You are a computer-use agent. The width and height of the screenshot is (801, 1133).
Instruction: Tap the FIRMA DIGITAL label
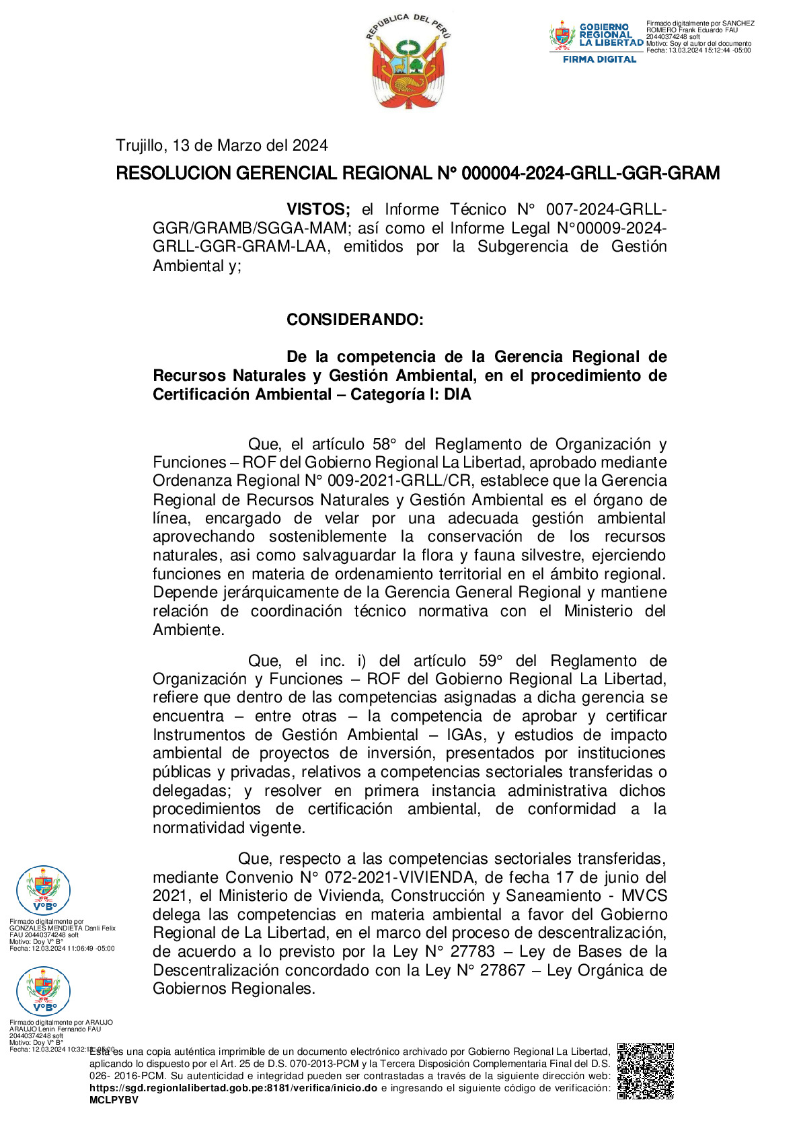click(x=599, y=59)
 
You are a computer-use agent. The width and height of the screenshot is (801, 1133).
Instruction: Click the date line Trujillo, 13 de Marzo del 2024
click(x=222, y=145)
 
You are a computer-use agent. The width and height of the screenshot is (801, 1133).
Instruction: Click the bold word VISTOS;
click(x=318, y=209)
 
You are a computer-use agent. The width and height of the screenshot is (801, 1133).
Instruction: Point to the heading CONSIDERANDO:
click(x=354, y=320)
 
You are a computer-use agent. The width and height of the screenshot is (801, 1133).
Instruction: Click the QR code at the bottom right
click(x=645, y=1070)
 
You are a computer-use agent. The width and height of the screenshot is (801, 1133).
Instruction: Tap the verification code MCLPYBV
click(x=114, y=1100)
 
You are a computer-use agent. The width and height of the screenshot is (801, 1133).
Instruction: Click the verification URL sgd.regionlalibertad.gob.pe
click(x=233, y=1088)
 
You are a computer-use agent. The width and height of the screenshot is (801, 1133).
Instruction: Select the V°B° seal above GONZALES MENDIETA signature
click(x=43, y=890)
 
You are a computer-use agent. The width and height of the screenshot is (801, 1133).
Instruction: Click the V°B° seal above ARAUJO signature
click(x=43, y=991)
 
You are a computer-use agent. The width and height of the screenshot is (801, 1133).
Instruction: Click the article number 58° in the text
click(x=384, y=444)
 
